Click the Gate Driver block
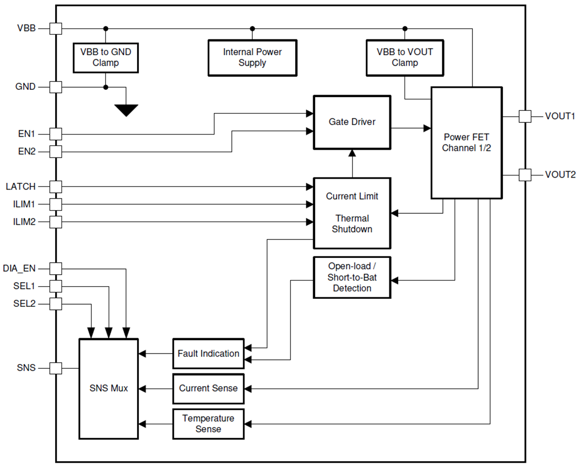click(x=352, y=122)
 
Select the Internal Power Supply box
click(x=252, y=57)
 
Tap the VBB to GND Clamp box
click(x=106, y=57)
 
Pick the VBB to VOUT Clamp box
click(x=405, y=57)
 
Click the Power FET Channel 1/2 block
click(x=466, y=142)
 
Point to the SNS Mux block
click(x=108, y=389)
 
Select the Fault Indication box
click(x=209, y=353)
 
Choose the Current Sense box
click(x=209, y=389)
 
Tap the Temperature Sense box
click(x=209, y=424)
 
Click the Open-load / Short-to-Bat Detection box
click(x=352, y=277)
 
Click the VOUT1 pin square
click(x=524, y=116)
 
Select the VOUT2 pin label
click(x=560, y=175)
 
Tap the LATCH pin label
click(x=21, y=186)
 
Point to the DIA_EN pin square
click(x=56, y=268)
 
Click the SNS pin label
click(x=26, y=368)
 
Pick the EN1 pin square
click(x=56, y=134)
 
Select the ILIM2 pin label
click(x=24, y=222)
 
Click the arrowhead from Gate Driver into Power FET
click(x=426, y=128)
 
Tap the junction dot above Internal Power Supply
click(x=252, y=28)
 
